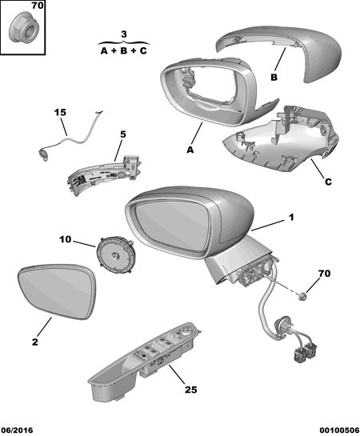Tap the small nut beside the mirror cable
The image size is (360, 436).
tap(302, 297)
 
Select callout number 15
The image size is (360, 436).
tap(60, 113)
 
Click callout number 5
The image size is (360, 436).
tap(123, 134)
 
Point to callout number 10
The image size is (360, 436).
tap(66, 239)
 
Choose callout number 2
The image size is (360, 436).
tap(34, 342)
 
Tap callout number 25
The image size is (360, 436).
tap(191, 390)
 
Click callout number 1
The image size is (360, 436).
tap(291, 217)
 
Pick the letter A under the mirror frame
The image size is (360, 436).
tap(190, 150)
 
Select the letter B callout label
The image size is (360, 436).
tap(274, 78)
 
